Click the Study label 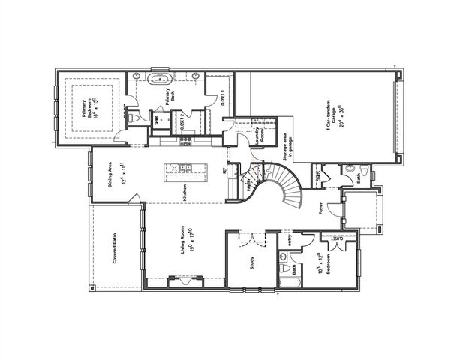[252, 262]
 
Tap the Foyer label [320, 208]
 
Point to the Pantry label [248, 183]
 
